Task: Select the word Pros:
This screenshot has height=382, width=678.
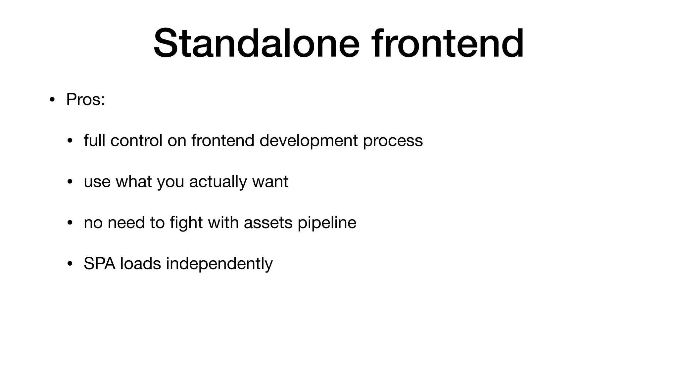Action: point(85,99)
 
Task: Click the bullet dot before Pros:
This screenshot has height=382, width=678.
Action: point(52,100)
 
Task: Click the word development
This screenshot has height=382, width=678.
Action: point(308,140)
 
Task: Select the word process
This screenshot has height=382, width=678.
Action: point(393,141)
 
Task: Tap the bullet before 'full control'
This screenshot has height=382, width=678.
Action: point(70,141)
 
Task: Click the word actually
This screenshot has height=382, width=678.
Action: point(218,182)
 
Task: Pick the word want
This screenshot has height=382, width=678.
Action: point(270,182)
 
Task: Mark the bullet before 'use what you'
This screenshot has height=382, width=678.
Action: point(70,182)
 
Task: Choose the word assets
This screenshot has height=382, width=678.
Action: point(268,223)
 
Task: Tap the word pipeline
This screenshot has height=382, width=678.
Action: point(327,223)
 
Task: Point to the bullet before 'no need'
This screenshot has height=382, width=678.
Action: point(70,223)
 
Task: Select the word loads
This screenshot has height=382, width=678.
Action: point(140,264)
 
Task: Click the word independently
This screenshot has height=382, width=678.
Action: point(219,264)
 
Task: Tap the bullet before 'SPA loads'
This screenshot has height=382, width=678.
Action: point(70,264)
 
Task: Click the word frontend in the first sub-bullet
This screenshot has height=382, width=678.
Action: point(222,140)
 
